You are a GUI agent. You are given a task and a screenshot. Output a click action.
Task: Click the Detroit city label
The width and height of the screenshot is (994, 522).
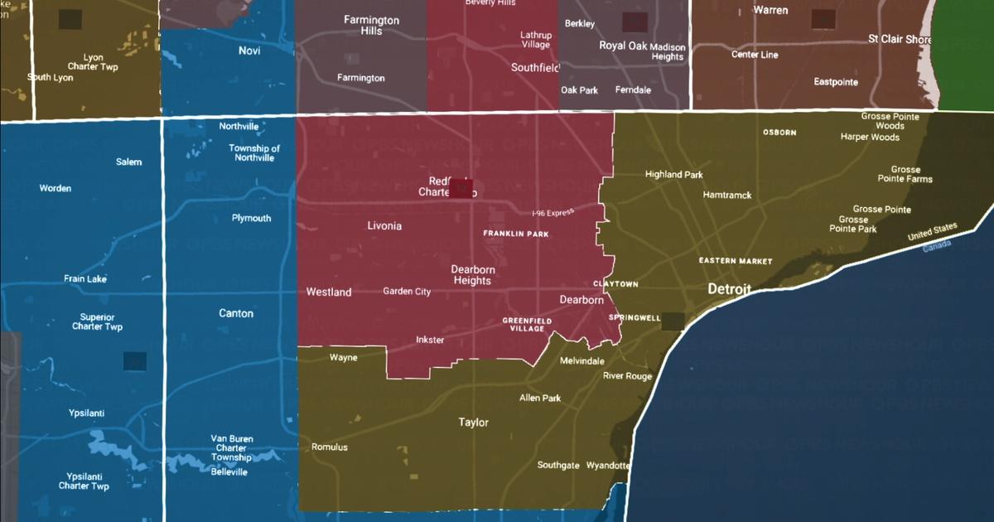tap(729, 290)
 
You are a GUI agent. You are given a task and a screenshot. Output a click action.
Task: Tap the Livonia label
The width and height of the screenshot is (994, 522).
tap(384, 225)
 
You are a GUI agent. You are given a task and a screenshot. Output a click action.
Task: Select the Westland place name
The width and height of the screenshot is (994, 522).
tap(329, 292)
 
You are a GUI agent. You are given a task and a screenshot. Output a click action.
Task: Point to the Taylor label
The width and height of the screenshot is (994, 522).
tap(474, 423)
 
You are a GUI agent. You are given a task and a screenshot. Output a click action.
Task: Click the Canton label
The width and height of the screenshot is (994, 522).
tap(236, 313)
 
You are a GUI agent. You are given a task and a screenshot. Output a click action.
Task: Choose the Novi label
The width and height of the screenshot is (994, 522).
tap(249, 51)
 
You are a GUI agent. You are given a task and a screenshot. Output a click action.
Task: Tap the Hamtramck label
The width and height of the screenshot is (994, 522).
tap(726, 196)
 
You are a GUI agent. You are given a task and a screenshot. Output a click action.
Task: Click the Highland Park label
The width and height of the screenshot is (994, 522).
tap(674, 175)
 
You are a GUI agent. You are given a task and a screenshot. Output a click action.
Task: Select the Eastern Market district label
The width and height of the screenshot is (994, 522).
tap(736, 261)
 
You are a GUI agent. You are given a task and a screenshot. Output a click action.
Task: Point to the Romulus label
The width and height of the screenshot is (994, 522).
tap(330, 447)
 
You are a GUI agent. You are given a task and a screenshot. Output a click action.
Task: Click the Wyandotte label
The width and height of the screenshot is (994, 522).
tap(608, 466)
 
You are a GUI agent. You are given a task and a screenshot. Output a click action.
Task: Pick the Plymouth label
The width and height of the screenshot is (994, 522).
tap(251, 219)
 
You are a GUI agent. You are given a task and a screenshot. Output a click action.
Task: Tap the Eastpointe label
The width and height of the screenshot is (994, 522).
tap(836, 82)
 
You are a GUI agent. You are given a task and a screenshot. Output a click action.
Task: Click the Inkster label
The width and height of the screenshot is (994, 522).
tap(430, 341)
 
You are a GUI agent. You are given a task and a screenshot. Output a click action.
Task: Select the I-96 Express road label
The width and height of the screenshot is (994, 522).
tap(553, 213)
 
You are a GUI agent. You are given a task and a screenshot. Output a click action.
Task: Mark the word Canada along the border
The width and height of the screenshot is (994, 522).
tap(937, 246)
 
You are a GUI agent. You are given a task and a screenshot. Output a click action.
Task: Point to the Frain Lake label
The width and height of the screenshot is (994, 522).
tap(85, 279)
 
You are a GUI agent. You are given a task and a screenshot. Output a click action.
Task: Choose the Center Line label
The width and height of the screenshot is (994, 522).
tap(755, 55)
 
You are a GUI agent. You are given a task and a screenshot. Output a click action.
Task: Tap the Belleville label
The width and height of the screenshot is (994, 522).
tap(229, 472)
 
